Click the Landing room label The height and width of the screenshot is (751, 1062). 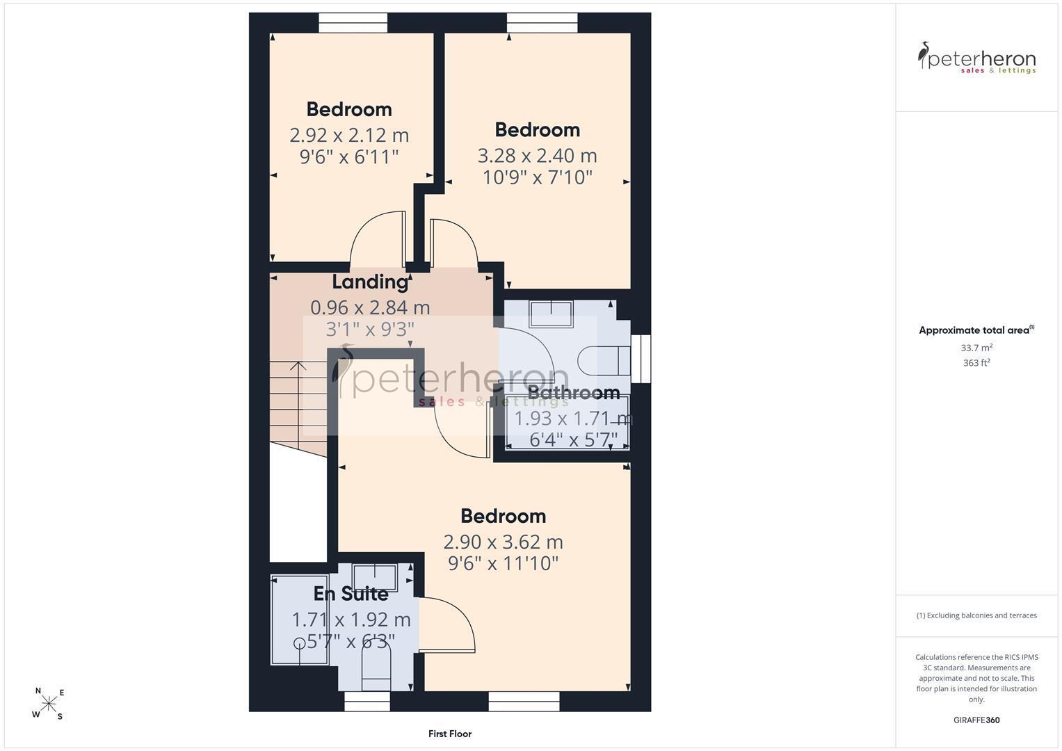[x=370, y=282]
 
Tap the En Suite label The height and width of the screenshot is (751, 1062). [x=351, y=594]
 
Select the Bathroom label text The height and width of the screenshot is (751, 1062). [x=573, y=393]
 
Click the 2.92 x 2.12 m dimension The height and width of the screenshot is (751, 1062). [x=349, y=136]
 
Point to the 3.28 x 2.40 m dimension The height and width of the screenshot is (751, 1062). [x=537, y=156]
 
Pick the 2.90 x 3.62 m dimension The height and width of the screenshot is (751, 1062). [x=503, y=542]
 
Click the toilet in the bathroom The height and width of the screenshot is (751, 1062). [x=604, y=360]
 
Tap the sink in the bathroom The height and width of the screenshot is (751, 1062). [x=551, y=314]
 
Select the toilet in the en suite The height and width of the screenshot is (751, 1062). [x=376, y=670]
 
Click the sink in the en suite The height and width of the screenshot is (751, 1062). [x=375, y=577]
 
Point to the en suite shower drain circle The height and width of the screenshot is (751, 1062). [x=299, y=643]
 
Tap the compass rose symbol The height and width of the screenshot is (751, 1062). [x=49, y=703]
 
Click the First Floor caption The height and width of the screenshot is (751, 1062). [x=450, y=734]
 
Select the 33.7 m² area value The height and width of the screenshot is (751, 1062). [x=976, y=348]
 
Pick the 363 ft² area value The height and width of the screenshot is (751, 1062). [x=976, y=363]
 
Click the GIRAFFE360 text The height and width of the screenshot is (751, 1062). [x=976, y=720]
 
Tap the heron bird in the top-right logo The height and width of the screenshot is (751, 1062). [x=924, y=55]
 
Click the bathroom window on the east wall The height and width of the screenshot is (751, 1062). [x=641, y=358]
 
